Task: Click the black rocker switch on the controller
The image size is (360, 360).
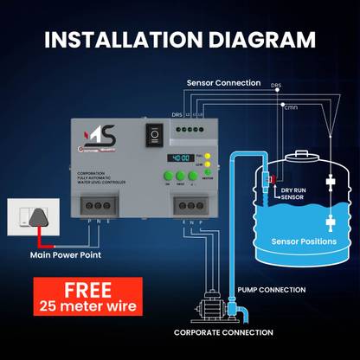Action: click(x=156, y=135)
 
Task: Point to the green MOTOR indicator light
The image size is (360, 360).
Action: click(x=211, y=173)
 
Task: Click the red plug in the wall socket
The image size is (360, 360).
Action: click(x=35, y=222)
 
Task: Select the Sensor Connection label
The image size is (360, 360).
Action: click(x=222, y=83)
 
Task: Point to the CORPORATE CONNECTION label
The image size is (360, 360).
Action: click(x=223, y=331)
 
